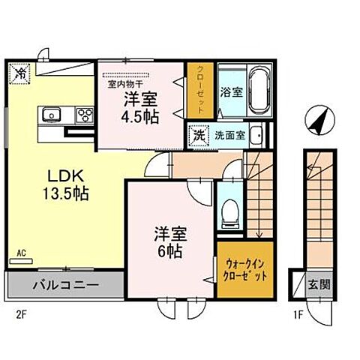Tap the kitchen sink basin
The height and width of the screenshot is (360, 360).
52,115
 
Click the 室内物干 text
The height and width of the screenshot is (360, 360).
123,85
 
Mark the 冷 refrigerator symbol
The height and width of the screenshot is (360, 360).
20,73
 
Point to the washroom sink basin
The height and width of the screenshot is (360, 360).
256,136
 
